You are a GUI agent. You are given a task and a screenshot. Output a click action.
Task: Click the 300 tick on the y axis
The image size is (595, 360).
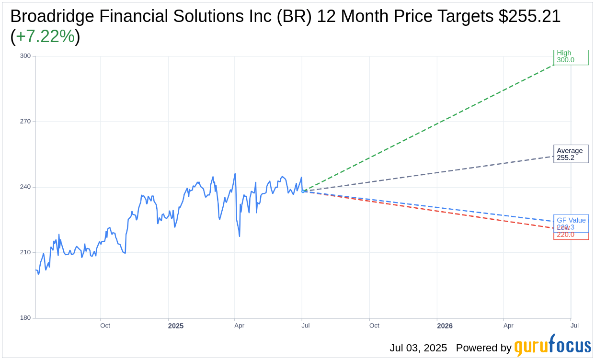click(25, 56)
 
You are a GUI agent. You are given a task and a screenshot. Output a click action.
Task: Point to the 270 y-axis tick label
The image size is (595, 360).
click(25, 122)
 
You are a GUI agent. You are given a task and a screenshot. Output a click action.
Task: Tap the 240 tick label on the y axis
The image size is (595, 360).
click(25, 187)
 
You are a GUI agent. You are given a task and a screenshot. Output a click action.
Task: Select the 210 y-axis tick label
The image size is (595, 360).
click(25, 252)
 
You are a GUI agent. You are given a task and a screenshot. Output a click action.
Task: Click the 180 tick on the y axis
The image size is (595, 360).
click(25, 318)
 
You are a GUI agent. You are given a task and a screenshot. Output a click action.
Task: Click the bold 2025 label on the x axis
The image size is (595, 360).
click(175, 326)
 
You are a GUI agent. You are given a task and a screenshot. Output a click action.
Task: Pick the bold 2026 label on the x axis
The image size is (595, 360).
click(445, 326)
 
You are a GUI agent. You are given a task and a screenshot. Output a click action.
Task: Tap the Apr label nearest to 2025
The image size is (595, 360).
click(239, 326)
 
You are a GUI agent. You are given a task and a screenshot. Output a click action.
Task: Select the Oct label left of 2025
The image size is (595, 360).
click(105, 326)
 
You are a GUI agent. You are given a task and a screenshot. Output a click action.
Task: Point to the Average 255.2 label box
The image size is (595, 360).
click(571, 154)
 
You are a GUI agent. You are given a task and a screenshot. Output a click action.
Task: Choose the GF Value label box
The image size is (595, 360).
click(571, 221)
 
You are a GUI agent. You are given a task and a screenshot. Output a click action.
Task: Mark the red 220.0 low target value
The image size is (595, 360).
click(566, 235)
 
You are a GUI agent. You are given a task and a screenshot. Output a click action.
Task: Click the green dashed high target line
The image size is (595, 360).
click(431, 127)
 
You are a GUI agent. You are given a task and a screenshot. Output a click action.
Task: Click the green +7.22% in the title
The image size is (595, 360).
click(45, 36)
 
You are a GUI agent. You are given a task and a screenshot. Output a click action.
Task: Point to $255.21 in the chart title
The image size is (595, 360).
click(529, 16)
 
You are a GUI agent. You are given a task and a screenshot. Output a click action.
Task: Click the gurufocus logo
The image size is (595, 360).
click(552, 346)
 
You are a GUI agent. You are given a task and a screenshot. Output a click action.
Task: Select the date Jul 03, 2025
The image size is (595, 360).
click(418, 348)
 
